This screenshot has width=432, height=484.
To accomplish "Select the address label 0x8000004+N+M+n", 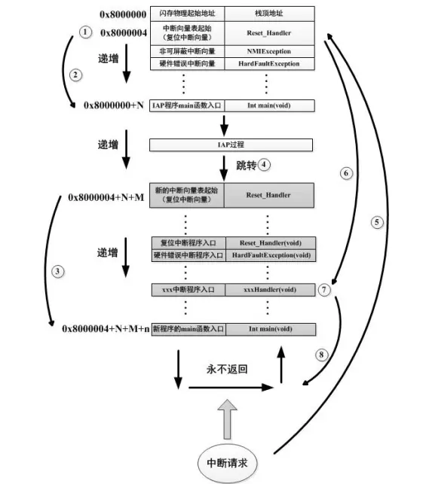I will click(x=106, y=329).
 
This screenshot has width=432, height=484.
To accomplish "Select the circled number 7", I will click(x=325, y=289).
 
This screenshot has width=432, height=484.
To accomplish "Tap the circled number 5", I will click(x=377, y=222).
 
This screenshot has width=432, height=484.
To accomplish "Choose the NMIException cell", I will click(x=269, y=51).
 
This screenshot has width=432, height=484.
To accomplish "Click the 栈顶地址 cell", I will click(x=269, y=14).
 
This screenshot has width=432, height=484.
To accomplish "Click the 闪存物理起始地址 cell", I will click(x=188, y=14).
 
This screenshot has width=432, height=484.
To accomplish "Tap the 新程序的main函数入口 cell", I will click(x=188, y=329).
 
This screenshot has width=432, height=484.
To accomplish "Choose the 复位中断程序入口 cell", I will click(x=188, y=243).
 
